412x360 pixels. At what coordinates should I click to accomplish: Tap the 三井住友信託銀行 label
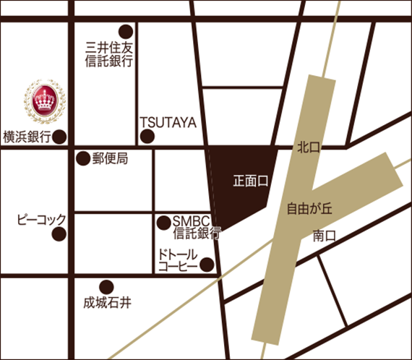tap(108, 56)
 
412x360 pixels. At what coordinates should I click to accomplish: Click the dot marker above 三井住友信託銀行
tap(126, 31)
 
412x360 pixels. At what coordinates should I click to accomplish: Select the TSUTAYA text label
tap(168, 122)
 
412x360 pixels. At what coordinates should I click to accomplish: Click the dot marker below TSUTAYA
tap(147, 137)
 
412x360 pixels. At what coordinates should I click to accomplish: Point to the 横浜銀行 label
tap(26, 137)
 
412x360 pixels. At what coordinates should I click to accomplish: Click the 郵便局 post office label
tap(110, 158)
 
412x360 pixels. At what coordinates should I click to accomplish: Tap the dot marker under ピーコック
tap(60, 234)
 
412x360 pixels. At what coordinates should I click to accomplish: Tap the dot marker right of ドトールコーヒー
tap(207, 265)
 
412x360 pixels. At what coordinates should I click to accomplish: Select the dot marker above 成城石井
tap(106, 286)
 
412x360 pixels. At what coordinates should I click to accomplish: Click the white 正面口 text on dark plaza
tap(251, 181)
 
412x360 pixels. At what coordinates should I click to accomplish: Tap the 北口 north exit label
tap(309, 147)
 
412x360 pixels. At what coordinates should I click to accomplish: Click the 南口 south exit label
tap(325, 235)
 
